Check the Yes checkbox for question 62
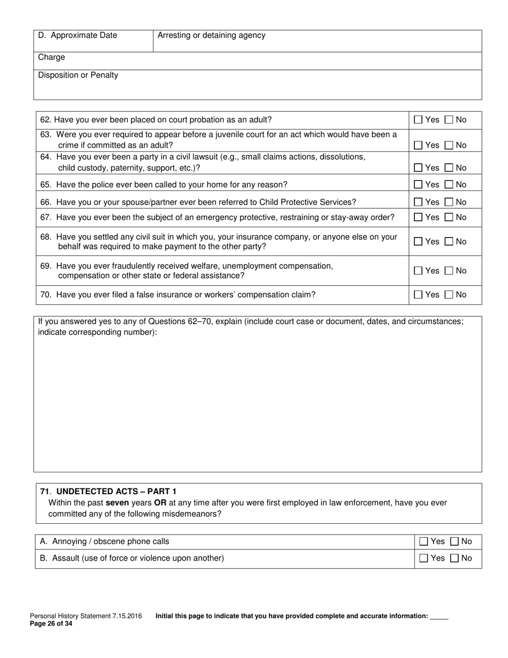(x=418, y=120)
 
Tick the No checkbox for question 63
(x=449, y=145)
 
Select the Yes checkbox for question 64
(x=418, y=168)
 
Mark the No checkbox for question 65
(x=449, y=185)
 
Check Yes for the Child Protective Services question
(x=418, y=202)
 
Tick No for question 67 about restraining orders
(x=449, y=217)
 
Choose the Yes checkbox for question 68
(x=418, y=242)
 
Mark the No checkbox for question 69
(x=449, y=271)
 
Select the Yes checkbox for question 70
(x=418, y=295)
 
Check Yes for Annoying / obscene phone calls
(x=424, y=541)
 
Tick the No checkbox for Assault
(x=455, y=558)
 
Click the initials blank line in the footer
(x=439, y=617)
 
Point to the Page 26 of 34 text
(x=51, y=623)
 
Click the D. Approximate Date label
(x=78, y=36)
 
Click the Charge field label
(x=51, y=57)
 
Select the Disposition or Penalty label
(x=78, y=75)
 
